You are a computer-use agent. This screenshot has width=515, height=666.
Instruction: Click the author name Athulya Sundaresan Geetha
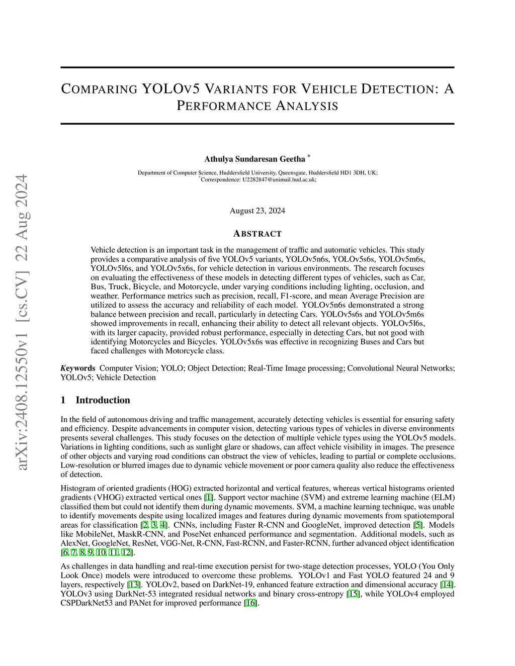click(254, 159)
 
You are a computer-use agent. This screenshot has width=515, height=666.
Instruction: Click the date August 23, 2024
click(257, 211)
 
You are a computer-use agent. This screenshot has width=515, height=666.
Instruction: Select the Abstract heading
click(257, 234)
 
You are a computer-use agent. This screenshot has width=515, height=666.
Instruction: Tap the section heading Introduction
click(103, 400)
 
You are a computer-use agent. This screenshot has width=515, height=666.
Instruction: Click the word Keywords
click(78, 368)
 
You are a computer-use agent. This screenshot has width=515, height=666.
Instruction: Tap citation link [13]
click(134, 585)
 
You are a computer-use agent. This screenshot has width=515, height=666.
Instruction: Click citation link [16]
click(250, 603)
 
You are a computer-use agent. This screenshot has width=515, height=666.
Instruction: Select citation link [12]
click(127, 552)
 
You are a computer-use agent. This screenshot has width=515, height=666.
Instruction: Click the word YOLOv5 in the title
click(171, 89)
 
